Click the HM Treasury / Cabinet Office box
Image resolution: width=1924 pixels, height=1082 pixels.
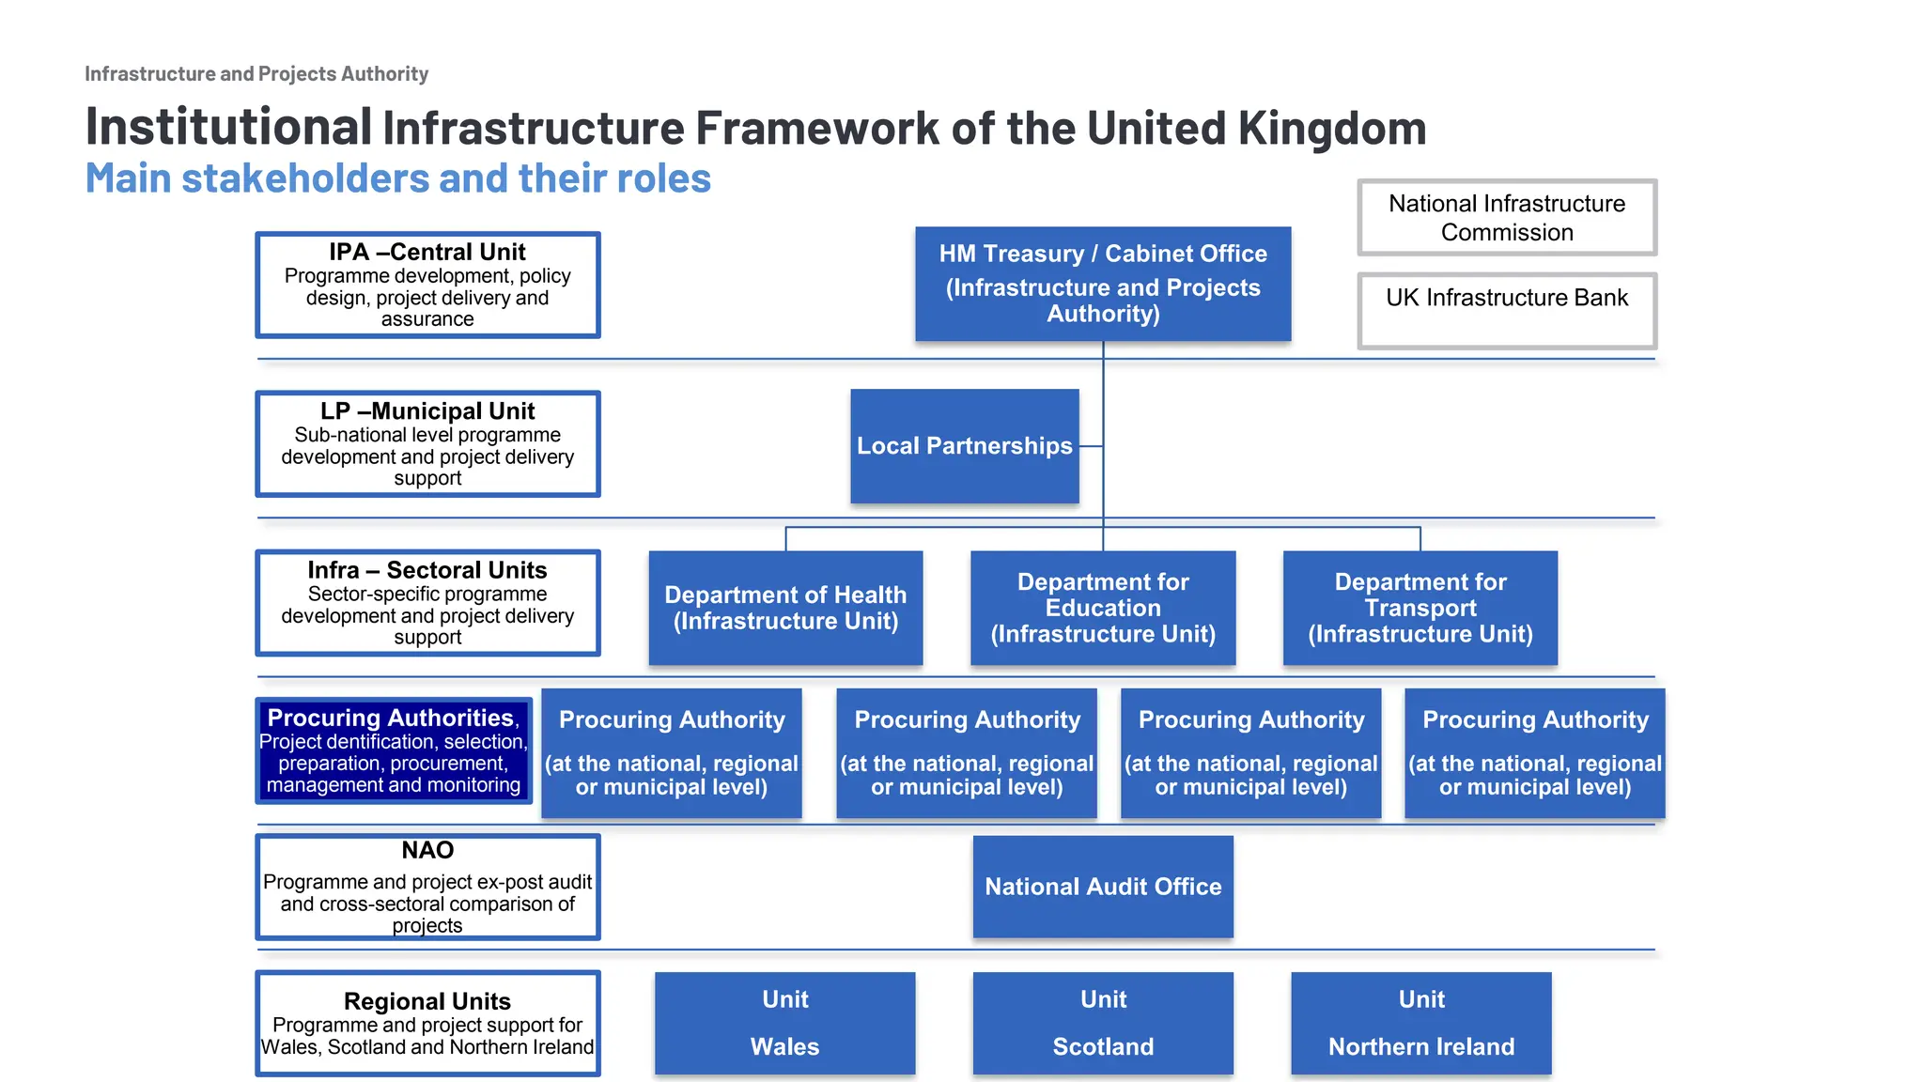coord(1103,284)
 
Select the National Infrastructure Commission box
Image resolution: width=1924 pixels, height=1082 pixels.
coord(1507,218)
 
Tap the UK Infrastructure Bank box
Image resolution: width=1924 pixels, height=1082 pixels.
coord(1507,311)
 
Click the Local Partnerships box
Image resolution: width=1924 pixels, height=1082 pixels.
coord(964,446)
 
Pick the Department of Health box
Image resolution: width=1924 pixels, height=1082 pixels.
coord(785,608)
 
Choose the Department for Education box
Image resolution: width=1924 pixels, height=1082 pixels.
coord(1103,608)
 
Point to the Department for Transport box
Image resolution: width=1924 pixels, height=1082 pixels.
coord(1420,608)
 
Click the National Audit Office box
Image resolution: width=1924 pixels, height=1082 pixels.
coord(1103,887)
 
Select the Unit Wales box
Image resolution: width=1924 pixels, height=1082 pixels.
coord(784,1023)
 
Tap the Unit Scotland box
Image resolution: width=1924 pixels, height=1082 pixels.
coord(1103,1023)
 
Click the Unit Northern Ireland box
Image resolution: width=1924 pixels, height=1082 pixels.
coord(1420,1023)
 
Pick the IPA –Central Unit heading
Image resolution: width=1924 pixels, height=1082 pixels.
coord(427,252)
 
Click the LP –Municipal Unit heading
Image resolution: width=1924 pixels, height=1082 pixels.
coord(427,411)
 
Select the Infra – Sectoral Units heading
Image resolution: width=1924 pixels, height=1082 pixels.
coord(427,570)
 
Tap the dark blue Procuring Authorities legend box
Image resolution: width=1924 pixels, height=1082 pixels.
coord(394,751)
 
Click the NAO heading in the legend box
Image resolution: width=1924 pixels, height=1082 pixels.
coord(427,850)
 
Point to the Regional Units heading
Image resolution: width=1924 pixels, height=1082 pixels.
coord(427,1001)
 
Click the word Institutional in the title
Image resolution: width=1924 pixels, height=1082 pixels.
coord(228,127)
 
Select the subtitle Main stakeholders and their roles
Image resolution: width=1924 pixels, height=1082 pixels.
coord(398,178)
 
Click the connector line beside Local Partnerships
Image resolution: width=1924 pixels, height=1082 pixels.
coord(1091,446)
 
